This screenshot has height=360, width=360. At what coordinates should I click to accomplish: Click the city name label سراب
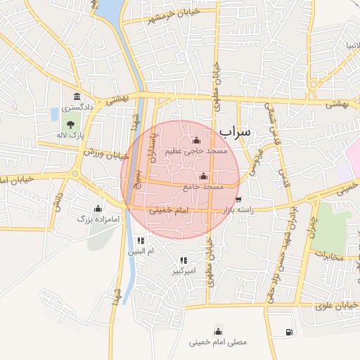tap(234, 131)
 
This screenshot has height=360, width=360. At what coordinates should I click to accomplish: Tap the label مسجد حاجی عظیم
tap(195, 151)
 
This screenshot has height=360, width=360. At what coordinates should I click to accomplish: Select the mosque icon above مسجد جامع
tap(204, 176)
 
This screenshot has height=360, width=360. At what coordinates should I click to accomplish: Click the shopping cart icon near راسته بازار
tap(238, 199)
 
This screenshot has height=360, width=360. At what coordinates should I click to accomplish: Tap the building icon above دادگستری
tap(76, 96)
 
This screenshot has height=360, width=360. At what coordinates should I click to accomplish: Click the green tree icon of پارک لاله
tap(70, 124)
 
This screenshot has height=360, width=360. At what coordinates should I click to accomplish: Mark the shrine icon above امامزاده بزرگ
tap(98, 208)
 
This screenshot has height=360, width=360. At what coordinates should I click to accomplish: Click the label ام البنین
tap(139, 251)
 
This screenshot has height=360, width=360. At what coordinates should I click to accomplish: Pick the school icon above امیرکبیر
tap(184, 260)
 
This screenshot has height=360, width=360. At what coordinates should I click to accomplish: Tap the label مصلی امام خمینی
tap(218, 343)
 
